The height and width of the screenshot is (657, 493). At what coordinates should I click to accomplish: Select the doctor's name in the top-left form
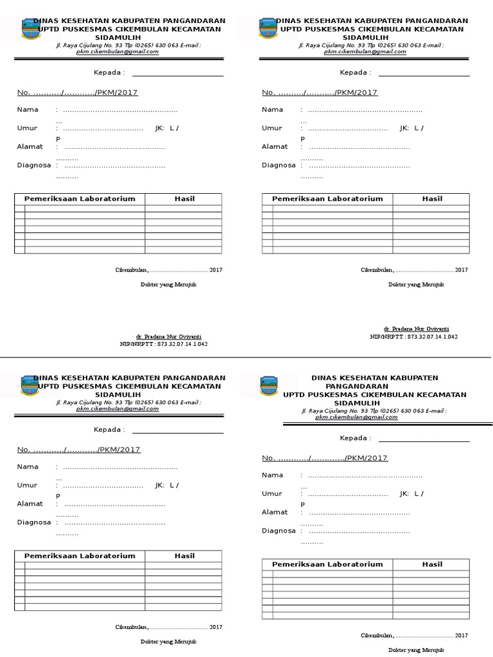point(172,336)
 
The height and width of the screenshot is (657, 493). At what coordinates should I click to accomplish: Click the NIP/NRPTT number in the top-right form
point(413,336)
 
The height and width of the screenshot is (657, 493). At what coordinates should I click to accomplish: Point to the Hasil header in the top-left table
point(184,199)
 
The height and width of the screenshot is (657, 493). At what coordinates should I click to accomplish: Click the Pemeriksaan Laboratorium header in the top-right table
point(327,199)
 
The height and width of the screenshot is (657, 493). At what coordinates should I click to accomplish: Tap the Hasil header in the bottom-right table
point(432,565)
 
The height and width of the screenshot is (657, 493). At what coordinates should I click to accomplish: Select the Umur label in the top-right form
point(272,128)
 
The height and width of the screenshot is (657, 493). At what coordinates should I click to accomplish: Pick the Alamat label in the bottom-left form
point(30,504)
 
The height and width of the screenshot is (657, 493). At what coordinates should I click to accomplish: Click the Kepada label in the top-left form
point(109,73)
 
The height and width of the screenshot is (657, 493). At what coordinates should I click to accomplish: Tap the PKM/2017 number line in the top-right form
point(320,92)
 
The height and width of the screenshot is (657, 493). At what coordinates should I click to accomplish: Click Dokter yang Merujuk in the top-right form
point(416,284)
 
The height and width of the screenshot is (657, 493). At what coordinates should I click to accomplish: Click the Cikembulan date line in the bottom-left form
point(168,627)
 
